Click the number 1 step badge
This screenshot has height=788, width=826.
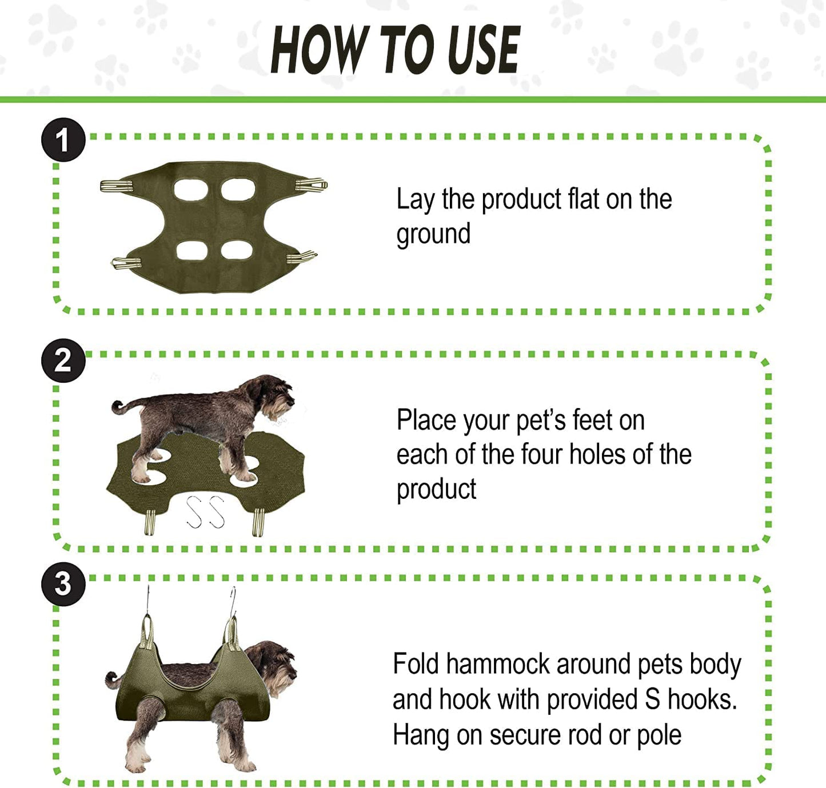pyautogui.click(x=63, y=140)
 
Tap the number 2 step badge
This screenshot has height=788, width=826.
pyautogui.click(x=63, y=361)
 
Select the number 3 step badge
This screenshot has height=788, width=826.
pyautogui.click(x=63, y=584)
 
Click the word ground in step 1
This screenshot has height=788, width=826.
pyautogui.click(x=433, y=234)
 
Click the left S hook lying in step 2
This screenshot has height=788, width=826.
pyautogui.click(x=194, y=511)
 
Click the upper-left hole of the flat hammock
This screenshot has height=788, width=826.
pyautogui.click(x=190, y=189)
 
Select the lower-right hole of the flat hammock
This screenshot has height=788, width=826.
pyautogui.click(x=237, y=250)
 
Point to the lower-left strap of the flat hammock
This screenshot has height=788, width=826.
pyautogui.click(x=126, y=262)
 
